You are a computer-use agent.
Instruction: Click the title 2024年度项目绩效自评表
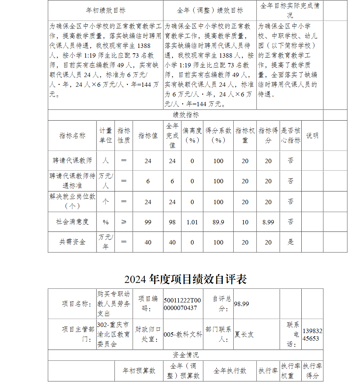coord(185,279)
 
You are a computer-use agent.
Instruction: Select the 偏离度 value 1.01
coord(192,222)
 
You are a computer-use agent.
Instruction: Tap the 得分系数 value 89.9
coord(218,222)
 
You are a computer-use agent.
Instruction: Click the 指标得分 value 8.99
coord(268,222)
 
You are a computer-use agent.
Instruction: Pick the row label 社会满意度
coord(72,222)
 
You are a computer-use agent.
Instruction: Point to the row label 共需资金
coord(72,242)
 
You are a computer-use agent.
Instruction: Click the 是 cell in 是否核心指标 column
coord(291,242)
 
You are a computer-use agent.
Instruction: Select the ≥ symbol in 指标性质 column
coord(124,222)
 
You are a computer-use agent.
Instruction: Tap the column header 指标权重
coord(245,135)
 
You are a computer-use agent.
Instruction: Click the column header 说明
coord(312,135)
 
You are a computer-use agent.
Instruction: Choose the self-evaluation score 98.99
coord(242,304)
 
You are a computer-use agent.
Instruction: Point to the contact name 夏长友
coord(244,334)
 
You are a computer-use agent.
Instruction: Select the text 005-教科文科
coord(183,334)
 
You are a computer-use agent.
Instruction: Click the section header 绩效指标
coord(185,115)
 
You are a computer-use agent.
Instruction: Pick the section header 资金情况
coord(185,355)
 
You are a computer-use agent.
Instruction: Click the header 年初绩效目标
coord(105,10)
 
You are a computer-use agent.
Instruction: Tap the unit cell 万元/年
coord(105,242)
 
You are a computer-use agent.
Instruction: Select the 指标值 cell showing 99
coord(148,222)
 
